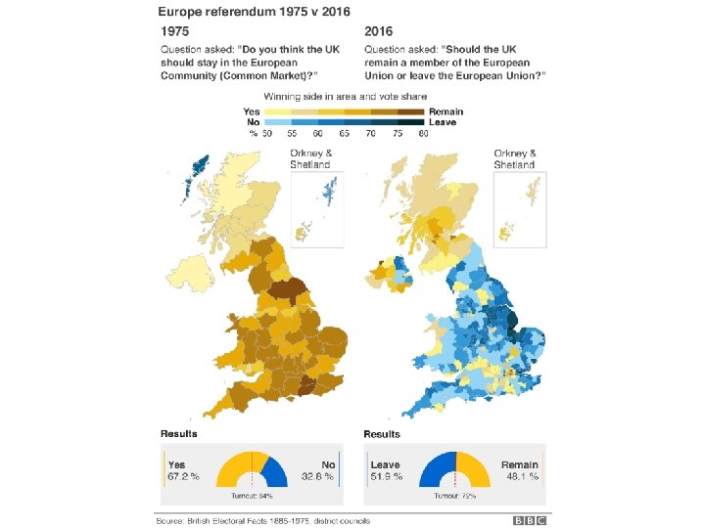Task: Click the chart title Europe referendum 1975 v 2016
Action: tap(254, 12)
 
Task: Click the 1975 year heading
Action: tap(175, 31)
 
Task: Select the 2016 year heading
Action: tap(378, 31)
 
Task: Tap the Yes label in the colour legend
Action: tap(252, 111)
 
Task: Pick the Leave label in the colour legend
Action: tap(443, 122)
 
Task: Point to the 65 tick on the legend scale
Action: tap(345, 133)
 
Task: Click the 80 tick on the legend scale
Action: tap(423, 133)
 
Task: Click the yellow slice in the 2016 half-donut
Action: tap(474, 469)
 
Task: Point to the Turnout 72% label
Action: tap(454, 496)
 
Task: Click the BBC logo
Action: tap(529, 520)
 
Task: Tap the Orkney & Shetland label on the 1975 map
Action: tap(310, 159)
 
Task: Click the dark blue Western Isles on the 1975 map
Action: tap(196, 177)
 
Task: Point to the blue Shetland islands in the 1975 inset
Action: tap(330, 189)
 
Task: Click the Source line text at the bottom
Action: tap(263, 521)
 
